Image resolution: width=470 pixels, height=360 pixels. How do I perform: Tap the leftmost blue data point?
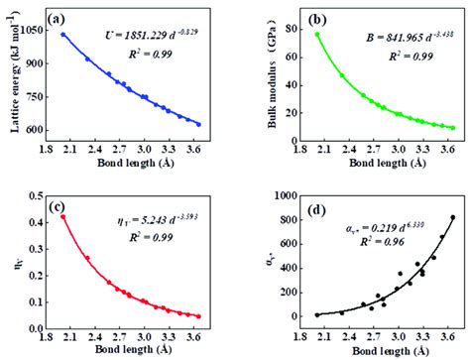(x=62, y=35)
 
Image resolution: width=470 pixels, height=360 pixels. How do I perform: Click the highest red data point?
(x=62, y=216)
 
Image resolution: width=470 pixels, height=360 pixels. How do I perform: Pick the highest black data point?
(x=453, y=217)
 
